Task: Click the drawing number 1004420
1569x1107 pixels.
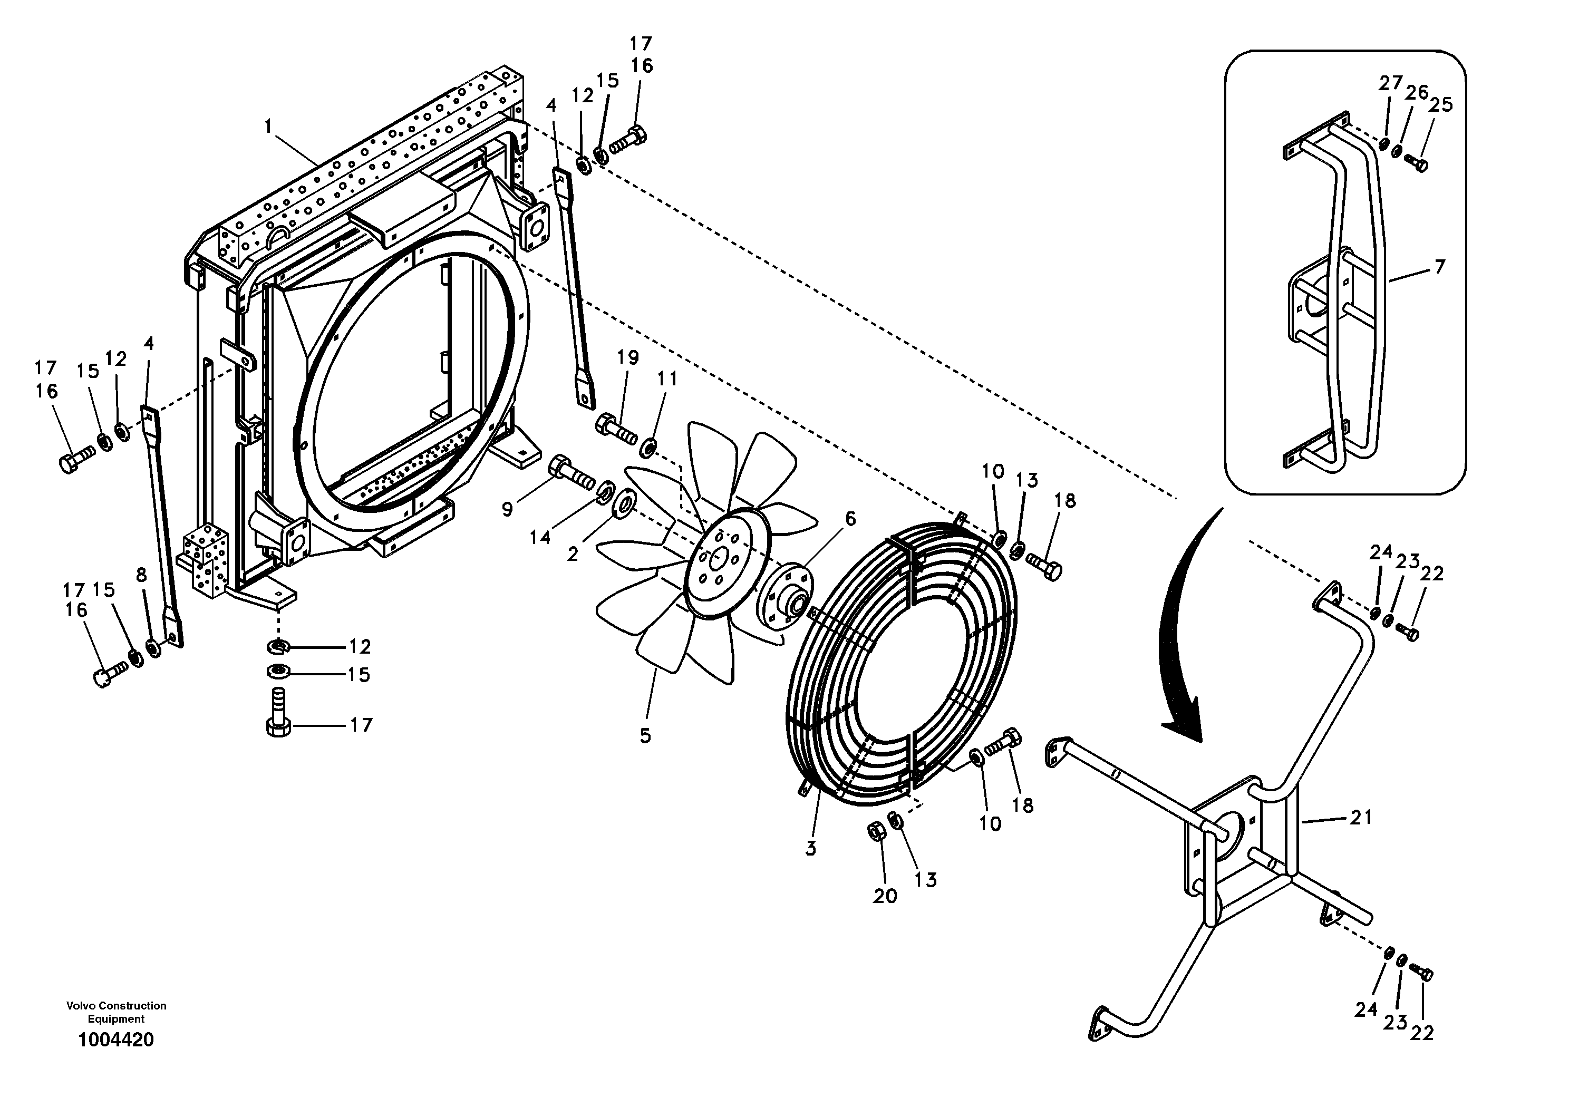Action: click(115, 1040)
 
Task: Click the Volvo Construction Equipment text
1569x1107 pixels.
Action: click(116, 1012)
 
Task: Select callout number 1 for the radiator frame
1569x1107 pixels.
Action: click(268, 127)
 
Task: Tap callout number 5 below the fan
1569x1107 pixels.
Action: click(645, 736)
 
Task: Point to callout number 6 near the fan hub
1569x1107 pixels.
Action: click(849, 519)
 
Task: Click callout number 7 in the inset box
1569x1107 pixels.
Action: click(1439, 267)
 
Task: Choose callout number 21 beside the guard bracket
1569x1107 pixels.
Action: click(1361, 817)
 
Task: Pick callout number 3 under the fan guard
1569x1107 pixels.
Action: click(810, 848)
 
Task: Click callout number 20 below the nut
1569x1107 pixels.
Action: click(884, 896)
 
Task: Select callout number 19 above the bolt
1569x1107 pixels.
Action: click(627, 357)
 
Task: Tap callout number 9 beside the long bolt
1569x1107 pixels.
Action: click(507, 509)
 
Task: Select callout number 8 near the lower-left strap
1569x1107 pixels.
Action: click(141, 575)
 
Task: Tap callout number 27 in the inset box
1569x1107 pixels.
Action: click(1390, 83)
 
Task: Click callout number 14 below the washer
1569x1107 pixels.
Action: click(540, 538)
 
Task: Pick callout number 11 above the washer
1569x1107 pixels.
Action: click(667, 378)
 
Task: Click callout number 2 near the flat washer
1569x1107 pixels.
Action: click(572, 554)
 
